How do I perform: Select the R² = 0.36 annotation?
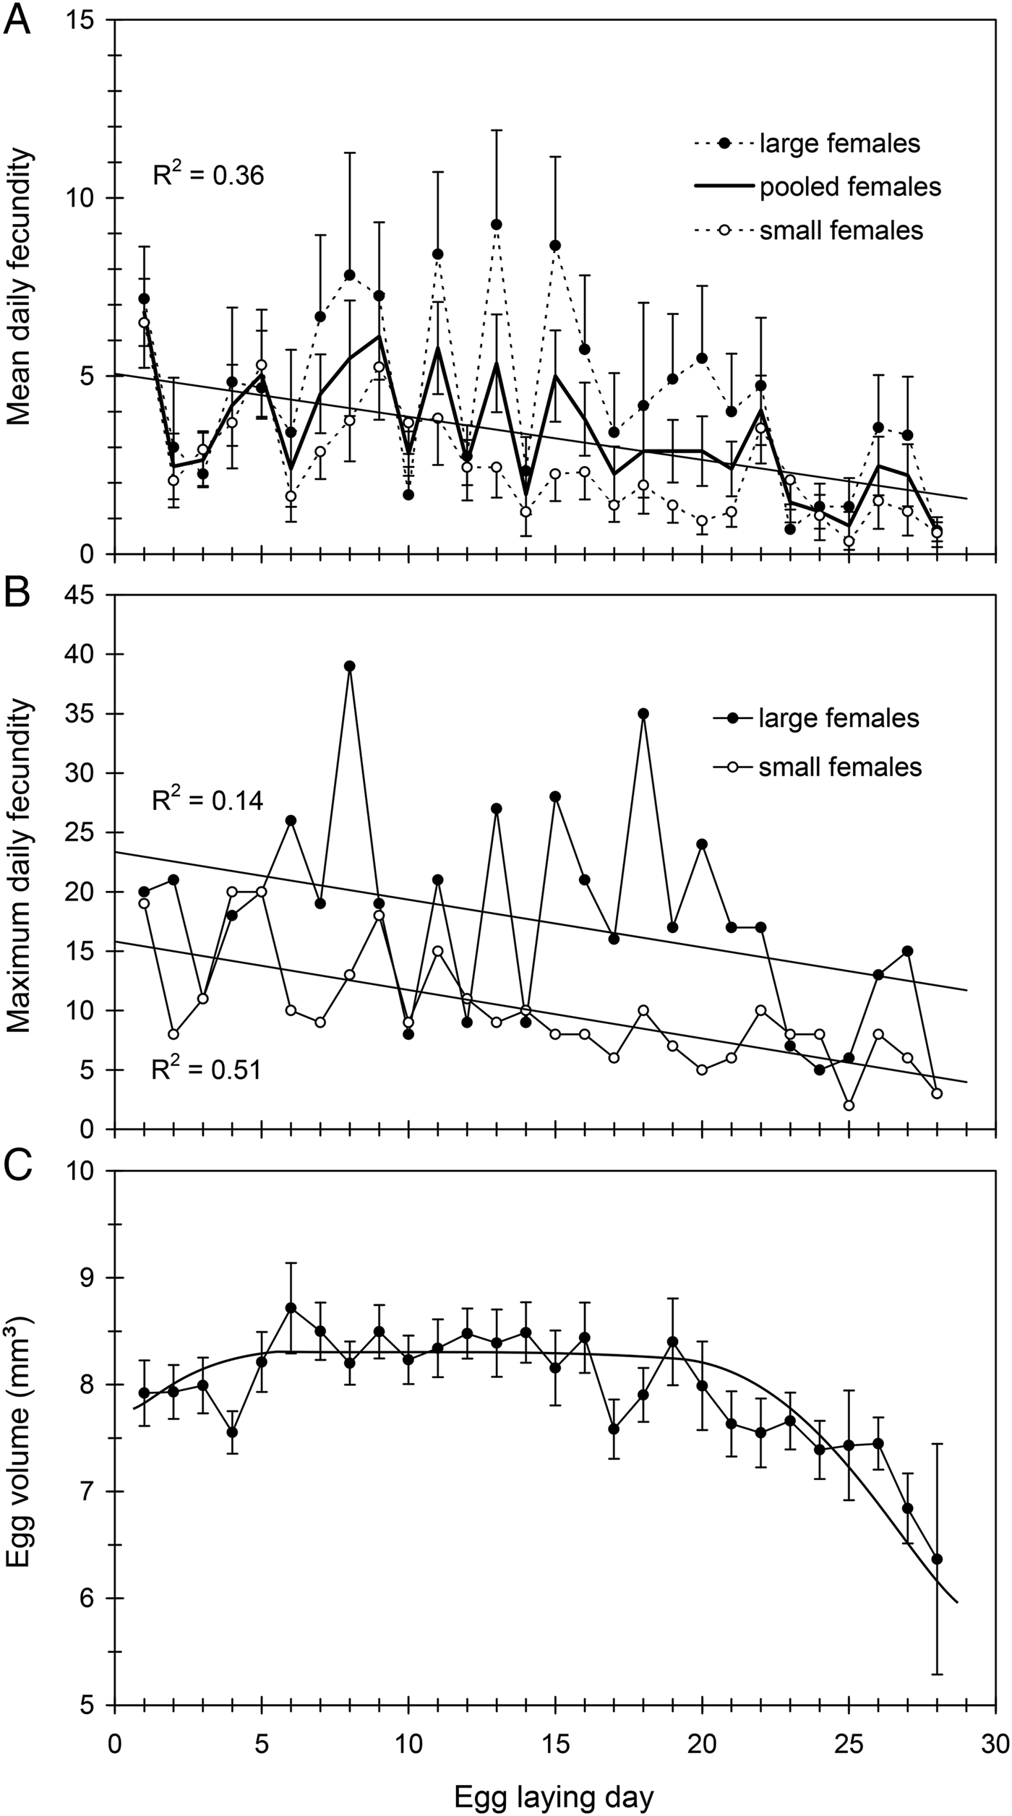coord(208,175)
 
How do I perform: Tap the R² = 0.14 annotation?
coord(207,801)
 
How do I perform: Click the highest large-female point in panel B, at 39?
coord(350,666)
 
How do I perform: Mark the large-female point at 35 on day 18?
coord(643,713)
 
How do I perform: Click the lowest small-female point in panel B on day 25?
coord(849,1106)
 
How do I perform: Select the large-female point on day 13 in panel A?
coord(497,225)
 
